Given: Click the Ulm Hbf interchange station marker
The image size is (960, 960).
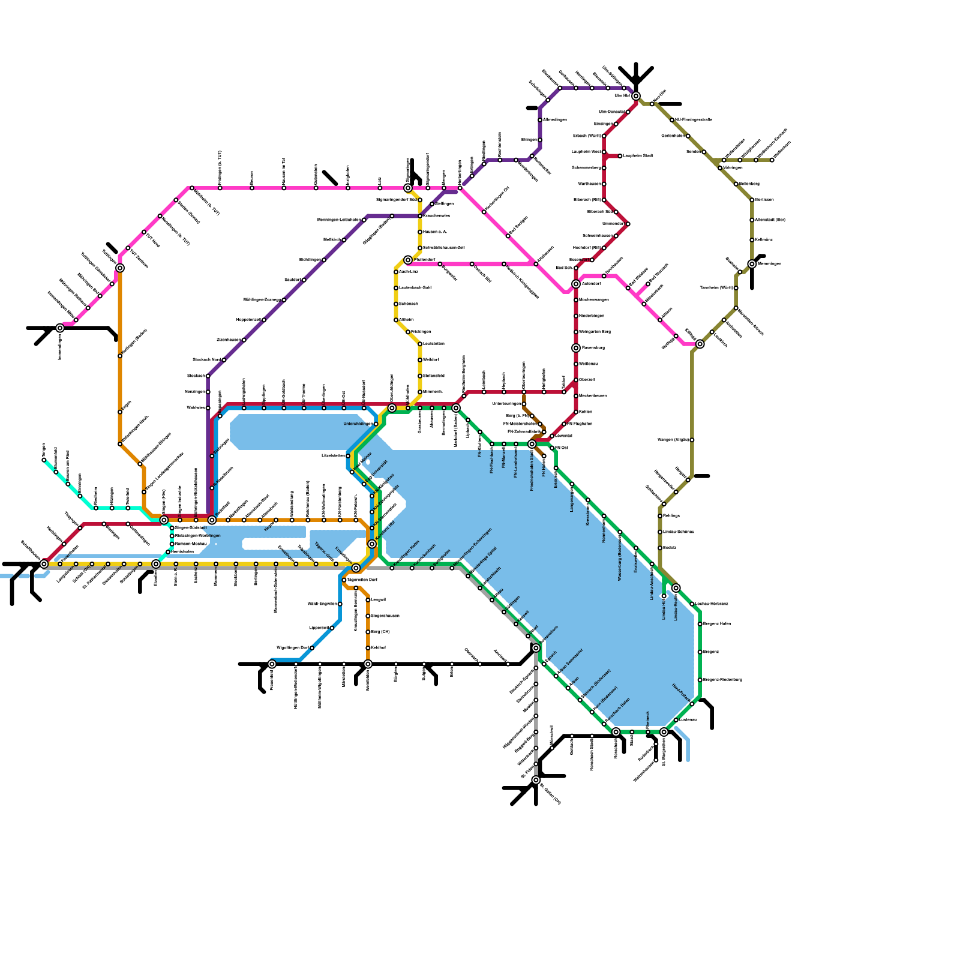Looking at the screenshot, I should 636,96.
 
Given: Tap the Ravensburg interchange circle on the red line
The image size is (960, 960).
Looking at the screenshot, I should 576,348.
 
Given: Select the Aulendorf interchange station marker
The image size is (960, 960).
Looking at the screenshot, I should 576,284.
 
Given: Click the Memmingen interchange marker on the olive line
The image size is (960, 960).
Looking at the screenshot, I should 752,264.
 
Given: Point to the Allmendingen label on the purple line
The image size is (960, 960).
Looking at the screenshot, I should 555,120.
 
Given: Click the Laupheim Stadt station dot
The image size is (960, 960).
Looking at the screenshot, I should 620,156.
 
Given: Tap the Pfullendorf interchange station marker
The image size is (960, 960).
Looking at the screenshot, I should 408,260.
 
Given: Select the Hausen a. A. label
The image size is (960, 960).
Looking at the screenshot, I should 435,232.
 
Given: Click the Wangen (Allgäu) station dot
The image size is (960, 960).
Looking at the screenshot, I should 692,440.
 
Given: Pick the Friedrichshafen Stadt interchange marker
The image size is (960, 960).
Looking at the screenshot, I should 532,444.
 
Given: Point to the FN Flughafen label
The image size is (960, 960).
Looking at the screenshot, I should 580,424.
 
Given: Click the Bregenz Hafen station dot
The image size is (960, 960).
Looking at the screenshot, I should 700,624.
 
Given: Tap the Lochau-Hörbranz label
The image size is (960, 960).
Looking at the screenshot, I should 712,604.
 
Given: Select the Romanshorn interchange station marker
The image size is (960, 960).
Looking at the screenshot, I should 536,648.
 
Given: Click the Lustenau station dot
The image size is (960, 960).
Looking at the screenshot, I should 676,720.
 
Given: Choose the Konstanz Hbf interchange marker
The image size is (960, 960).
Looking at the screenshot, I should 372,544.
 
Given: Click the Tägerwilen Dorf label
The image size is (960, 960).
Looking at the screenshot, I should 362,580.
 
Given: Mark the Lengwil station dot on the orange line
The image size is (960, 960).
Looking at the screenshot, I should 368,600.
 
